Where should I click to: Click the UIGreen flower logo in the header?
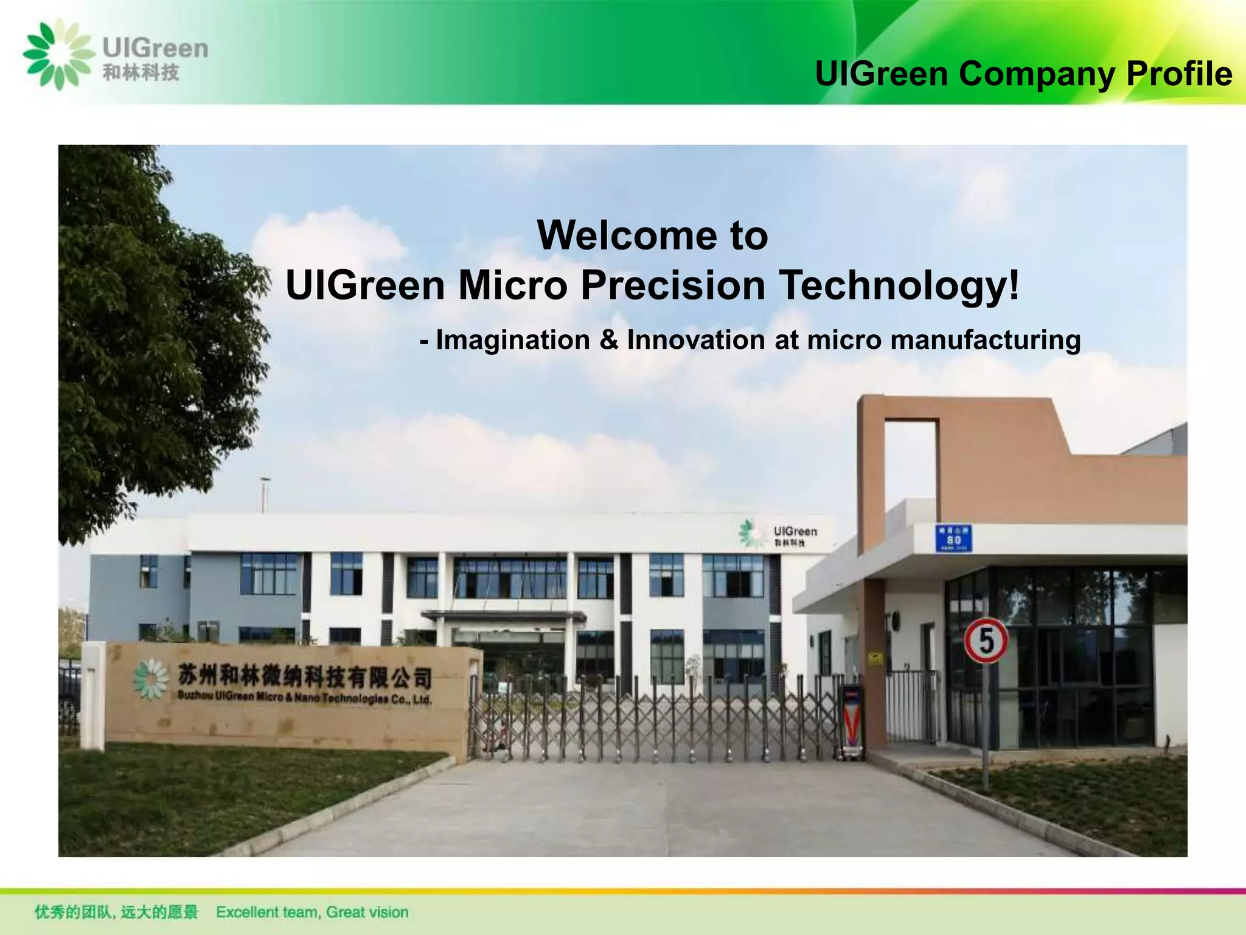pyautogui.click(x=59, y=55)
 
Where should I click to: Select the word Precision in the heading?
pyautogui.click(x=673, y=285)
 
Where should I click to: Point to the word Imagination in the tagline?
pyautogui.click(x=513, y=340)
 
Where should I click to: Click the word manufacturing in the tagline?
pyautogui.click(x=986, y=340)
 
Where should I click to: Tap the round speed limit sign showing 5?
pyautogui.click(x=986, y=640)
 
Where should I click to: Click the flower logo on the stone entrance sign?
pyautogui.click(x=150, y=678)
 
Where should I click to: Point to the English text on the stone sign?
pyautogui.click(x=304, y=698)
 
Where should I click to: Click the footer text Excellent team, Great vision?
pyautogui.click(x=312, y=912)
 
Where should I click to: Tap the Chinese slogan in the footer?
pyautogui.click(x=116, y=912)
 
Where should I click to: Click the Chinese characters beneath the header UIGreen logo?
pyautogui.click(x=141, y=73)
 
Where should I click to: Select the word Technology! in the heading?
pyautogui.click(x=900, y=285)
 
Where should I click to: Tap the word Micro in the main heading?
pyautogui.click(x=512, y=285)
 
